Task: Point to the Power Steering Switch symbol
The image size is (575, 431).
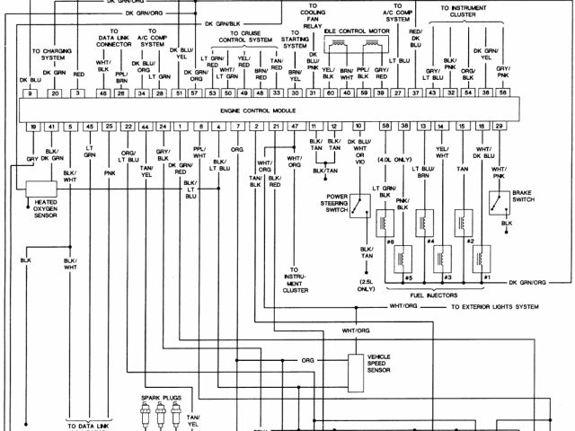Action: point(359,209)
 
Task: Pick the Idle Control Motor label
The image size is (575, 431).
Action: point(352,31)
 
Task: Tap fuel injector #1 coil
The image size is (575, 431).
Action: point(483,259)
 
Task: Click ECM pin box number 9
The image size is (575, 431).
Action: point(30,93)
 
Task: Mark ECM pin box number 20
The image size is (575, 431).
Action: point(55,93)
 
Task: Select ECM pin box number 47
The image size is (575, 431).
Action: point(294,128)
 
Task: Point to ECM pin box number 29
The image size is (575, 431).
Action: point(499,128)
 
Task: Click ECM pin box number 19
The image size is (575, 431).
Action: point(33,128)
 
